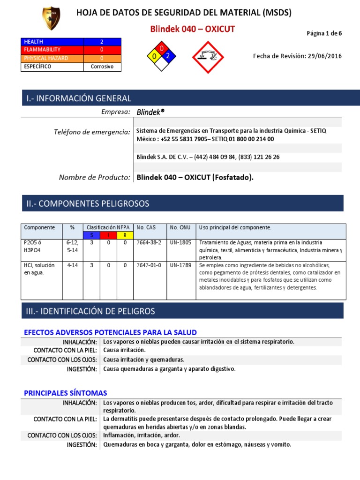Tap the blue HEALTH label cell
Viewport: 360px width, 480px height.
tap(52, 42)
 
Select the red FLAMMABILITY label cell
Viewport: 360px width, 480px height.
tap(52, 50)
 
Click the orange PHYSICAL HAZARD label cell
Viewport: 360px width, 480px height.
tap(52, 59)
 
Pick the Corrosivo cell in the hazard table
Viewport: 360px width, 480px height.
tap(102, 67)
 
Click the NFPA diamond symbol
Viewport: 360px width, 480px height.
tap(161, 56)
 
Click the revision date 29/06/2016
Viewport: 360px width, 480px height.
tap(323, 56)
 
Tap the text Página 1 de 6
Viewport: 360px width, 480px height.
tap(324, 33)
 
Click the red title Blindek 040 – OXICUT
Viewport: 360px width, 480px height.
tap(192, 30)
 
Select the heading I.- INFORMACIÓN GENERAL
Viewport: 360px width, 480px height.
tap(79, 98)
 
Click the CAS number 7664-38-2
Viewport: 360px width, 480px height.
tap(149, 243)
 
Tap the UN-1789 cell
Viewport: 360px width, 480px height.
tap(180, 265)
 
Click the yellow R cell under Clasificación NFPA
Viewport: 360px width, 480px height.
tap(125, 235)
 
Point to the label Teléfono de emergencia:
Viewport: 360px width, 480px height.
tap(92, 132)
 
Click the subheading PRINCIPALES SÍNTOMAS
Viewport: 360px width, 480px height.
tap(66, 393)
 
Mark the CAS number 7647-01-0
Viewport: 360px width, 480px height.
tap(149, 265)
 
